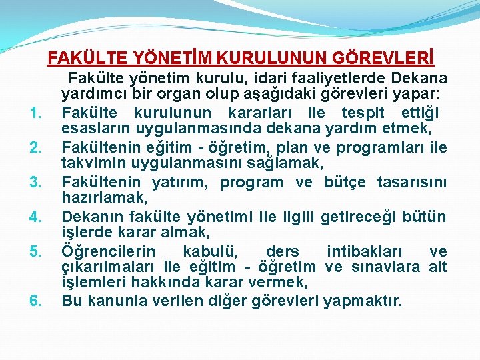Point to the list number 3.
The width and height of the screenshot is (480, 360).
(x=37, y=182)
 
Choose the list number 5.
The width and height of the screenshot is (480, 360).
(x=37, y=251)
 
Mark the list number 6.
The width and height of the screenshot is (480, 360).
(x=37, y=301)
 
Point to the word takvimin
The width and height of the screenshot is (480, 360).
(x=94, y=163)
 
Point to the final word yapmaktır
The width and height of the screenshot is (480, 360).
(x=363, y=301)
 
